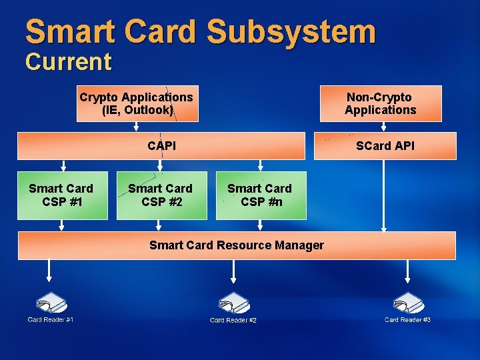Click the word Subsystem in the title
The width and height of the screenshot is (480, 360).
point(291,32)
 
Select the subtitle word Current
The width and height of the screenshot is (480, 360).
point(68,62)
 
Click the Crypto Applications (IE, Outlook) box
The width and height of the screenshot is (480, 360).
point(137,103)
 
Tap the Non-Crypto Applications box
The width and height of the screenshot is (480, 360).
point(380,103)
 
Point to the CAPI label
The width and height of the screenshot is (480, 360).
point(162,145)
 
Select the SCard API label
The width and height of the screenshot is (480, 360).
point(385,145)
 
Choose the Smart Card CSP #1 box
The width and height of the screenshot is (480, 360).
point(61,195)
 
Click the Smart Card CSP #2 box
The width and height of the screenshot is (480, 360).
point(160,195)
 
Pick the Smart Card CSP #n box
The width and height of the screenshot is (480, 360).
point(260,195)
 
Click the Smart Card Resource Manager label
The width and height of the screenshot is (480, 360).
point(237,245)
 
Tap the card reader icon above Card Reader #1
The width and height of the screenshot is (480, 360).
point(51,303)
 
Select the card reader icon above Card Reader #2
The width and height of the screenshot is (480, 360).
point(233,304)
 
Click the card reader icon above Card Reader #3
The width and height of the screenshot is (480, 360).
point(407,303)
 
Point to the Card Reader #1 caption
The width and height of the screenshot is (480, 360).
point(51,320)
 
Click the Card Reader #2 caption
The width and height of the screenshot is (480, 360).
point(233,321)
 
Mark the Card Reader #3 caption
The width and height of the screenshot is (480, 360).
point(407,320)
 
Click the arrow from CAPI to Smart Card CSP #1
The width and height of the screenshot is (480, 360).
point(63,165)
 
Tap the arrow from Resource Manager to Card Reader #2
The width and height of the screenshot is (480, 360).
point(233,271)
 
